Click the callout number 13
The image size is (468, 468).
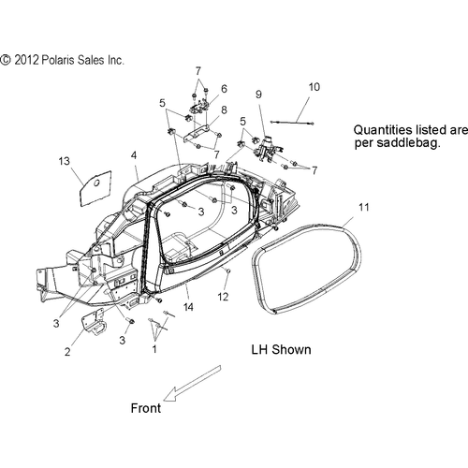(x=65, y=161)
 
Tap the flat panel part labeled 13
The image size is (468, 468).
(x=95, y=188)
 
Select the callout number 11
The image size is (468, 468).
(x=364, y=207)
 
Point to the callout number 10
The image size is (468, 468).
(x=314, y=87)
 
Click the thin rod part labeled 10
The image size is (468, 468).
(x=291, y=123)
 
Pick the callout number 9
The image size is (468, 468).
(x=258, y=95)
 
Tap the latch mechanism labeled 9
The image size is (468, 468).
(x=268, y=149)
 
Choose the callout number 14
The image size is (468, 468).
(x=188, y=307)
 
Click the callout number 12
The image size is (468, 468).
(x=223, y=297)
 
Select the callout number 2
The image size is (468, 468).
(x=67, y=352)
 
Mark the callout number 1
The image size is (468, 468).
(x=154, y=349)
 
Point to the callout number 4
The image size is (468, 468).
(x=134, y=155)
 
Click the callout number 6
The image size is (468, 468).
(x=224, y=89)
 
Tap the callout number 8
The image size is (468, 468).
(x=224, y=110)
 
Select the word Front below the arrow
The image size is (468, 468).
(x=146, y=408)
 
